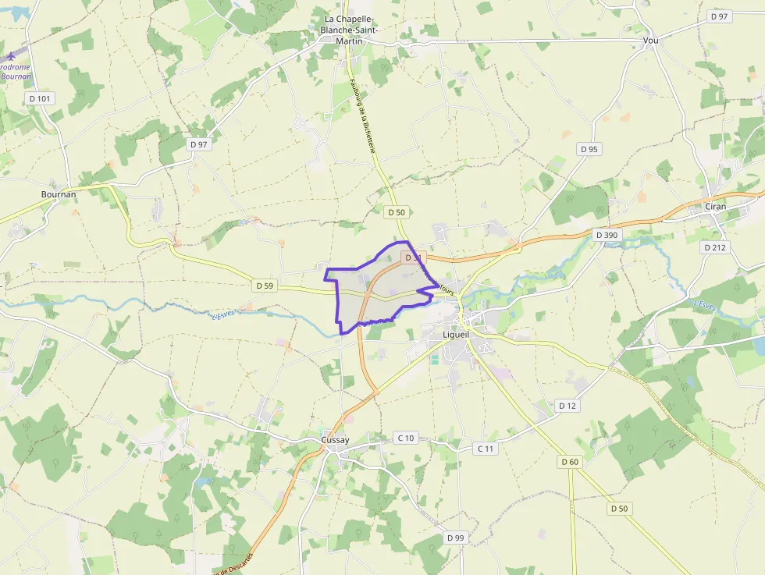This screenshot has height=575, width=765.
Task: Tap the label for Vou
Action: pyautogui.click(x=650, y=40)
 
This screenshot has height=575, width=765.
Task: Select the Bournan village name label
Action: pyautogui.click(x=59, y=193)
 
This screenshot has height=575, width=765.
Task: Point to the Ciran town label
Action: pyautogui.click(x=715, y=207)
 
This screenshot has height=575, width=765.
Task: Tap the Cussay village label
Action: pyautogui.click(x=335, y=440)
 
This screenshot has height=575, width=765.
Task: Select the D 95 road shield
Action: pyautogui.click(x=589, y=149)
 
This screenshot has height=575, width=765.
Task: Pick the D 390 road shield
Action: pyautogui.click(x=606, y=235)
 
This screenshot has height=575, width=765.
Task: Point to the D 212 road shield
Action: pyautogui.click(x=714, y=247)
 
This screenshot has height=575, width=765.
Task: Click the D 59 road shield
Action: pyautogui.click(x=265, y=286)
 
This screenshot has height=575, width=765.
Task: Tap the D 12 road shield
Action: pyautogui.click(x=568, y=406)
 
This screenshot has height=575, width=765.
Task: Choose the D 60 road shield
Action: pyautogui.click(x=570, y=462)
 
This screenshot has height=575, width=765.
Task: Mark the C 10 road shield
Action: pyautogui.click(x=405, y=438)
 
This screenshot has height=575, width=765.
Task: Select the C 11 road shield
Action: pyautogui.click(x=486, y=449)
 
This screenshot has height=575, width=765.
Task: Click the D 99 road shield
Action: pyautogui.click(x=455, y=538)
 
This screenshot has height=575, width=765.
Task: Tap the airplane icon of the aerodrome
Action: pyautogui.click(x=11, y=55)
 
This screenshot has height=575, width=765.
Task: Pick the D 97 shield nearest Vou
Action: pyautogui.click(x=718, y=16)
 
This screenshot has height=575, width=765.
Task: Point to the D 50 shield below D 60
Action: pyautogui.click(x=619, y=509)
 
